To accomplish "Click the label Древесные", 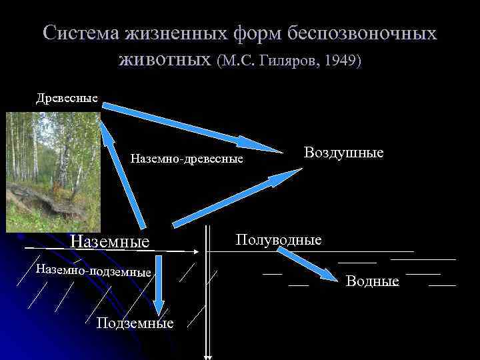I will [67, 99].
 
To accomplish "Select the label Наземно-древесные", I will [187, 159].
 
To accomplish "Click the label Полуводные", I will [278, 239].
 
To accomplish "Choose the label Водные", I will [372, 281].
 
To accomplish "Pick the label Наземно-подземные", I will [93, 271].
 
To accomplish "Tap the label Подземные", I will [135, 323].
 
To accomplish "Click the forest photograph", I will [52, 171].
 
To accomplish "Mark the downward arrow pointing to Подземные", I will [158, 287].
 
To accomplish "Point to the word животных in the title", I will [165, 60].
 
